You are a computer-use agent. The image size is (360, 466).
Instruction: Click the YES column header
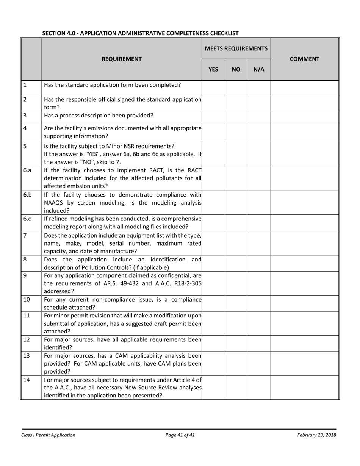click(x=213, y=69)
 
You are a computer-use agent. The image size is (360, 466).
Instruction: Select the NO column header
click(x=236, y=69)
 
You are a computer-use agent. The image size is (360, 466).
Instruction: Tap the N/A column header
click(x=259, y=69)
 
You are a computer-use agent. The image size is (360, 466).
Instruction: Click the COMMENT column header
click(x=304, y=59)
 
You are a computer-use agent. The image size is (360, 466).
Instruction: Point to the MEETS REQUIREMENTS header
click(x=236, y=48)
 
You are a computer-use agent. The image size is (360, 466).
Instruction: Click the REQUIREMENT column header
click(x=121, y=59)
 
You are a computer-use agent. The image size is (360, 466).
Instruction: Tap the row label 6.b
click(x=27, y=195)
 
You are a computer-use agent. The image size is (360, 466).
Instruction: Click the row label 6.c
click(x=27, y=219)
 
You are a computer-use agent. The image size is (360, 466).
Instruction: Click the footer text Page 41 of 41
click(x=180, y=435)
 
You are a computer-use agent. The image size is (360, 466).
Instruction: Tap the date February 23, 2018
click(x=316, y=435)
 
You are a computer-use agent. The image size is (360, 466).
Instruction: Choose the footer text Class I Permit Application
click(x=49, y=435)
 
